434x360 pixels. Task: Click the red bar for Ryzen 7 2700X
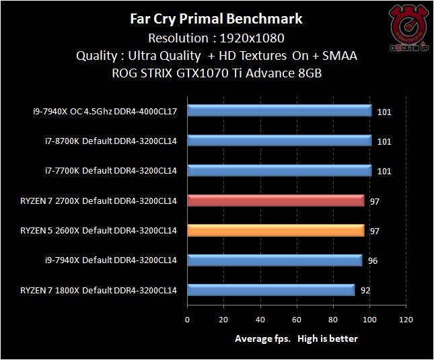[276, 201]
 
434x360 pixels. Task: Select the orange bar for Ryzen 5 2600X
[276, 231]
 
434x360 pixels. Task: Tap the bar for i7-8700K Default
[279, 141]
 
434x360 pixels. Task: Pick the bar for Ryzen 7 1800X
[271, 290]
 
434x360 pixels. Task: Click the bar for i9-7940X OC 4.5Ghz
[279, 111]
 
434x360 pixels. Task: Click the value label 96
[373, 260]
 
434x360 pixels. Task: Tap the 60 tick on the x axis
[296, 320]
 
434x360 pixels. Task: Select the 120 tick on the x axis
[406, 320]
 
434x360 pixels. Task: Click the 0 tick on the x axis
[188, 320]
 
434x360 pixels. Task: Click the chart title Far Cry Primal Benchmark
[216, 19]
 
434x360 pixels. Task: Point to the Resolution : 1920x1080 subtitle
[216, 38]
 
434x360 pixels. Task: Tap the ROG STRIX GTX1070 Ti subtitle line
[216, 73]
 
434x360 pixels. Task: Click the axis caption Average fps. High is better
[296, 338]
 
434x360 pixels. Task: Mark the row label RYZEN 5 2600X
[98, 231]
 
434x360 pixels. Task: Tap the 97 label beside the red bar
[375, 201]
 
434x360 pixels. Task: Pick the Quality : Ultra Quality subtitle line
[216, 56]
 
